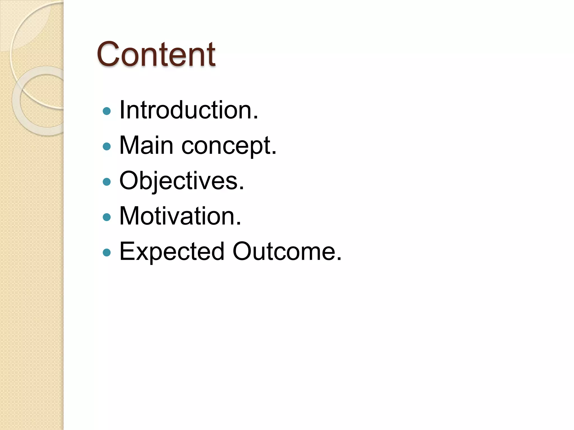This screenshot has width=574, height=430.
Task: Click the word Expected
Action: [x=172, y=251]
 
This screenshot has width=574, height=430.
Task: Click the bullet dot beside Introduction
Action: [x=107, y=111]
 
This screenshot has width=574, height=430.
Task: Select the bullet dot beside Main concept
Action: [x=107, y=146]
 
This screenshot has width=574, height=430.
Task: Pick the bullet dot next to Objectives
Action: [x=107, y=182]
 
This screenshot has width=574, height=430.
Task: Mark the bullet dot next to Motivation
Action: [x=107, y=217]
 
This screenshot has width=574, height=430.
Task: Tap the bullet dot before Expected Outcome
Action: [x=107, y=253]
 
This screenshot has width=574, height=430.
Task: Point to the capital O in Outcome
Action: [x=244, y=251]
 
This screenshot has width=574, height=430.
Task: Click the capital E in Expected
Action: [x=127, y=251]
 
